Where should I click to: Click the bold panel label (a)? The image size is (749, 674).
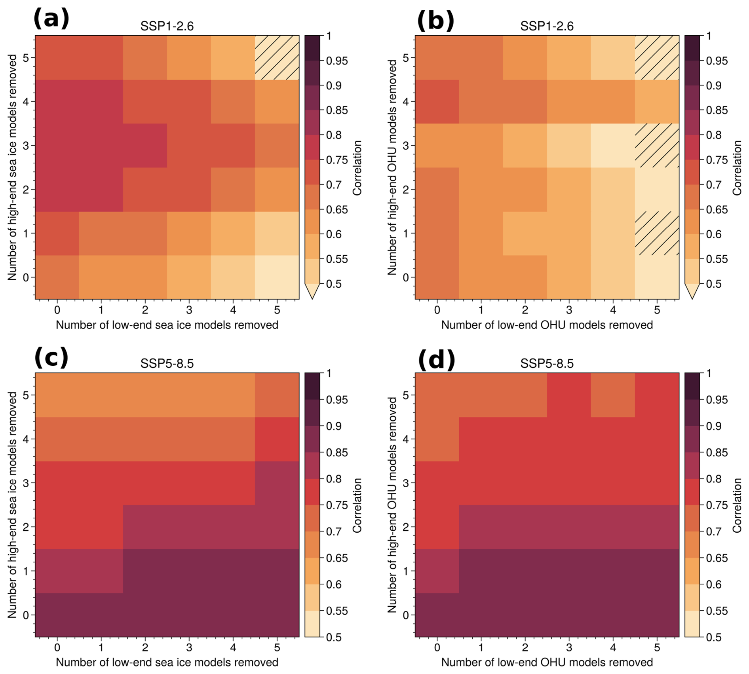51,19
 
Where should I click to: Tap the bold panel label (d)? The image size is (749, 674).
436,360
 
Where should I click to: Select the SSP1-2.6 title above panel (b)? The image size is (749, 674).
547,26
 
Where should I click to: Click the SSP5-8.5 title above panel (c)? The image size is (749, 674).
167,363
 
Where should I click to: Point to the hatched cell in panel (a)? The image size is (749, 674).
277,58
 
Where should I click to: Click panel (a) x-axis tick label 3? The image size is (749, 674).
189,310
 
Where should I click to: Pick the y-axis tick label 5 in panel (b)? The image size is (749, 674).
406,58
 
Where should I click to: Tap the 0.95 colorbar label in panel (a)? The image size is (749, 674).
337,61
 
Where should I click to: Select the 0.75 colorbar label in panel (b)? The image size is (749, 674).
717,160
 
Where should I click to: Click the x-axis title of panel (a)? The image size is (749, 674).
167,325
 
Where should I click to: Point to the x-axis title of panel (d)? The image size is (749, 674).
547,663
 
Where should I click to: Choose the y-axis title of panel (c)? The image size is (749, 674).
12,505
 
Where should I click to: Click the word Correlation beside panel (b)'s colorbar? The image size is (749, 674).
737,168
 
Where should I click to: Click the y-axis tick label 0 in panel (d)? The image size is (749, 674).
406,615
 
